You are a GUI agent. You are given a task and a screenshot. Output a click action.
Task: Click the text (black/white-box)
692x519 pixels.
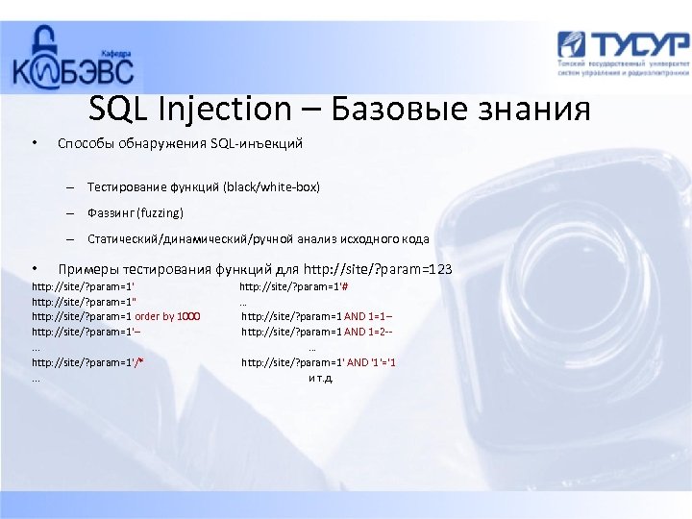(x=271, y=186)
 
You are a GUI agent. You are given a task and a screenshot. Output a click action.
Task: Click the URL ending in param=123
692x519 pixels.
(x=375, y=269)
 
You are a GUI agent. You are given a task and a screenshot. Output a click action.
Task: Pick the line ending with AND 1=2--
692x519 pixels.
(x=317, y=332)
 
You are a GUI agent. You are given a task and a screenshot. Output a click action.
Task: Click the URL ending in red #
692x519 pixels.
(x=293, y=286)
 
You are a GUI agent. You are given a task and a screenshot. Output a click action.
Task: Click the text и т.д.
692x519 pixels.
(x=320, y=378)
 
